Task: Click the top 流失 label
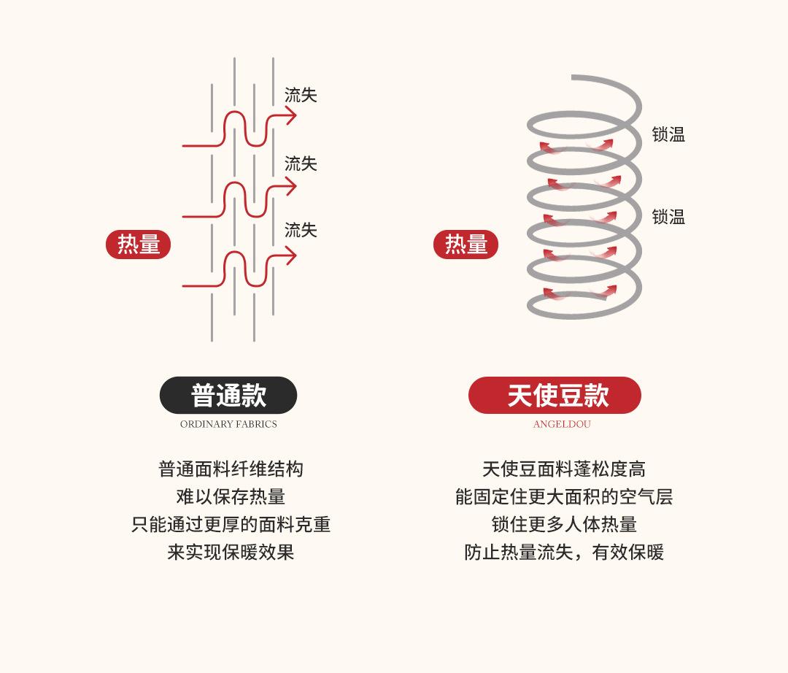click(301, 96)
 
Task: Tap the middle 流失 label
click(301, 164)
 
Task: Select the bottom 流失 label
click(301, 231)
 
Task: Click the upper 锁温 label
click(668, 134)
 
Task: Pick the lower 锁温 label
click(668, 217)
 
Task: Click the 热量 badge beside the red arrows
click(139, 245)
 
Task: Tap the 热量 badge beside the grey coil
click(466, 245)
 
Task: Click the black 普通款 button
click(228, 396)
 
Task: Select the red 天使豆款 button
click(555, 396)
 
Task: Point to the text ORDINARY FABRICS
click(228, 424)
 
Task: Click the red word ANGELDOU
click(562, 424)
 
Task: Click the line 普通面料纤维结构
click(231, 469)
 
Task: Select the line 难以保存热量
click(231, 496)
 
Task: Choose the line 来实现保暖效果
click(231, 552)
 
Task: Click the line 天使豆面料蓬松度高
click(564, 469)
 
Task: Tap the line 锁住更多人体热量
click(564, 524)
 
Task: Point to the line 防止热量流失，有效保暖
click(564, 552)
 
